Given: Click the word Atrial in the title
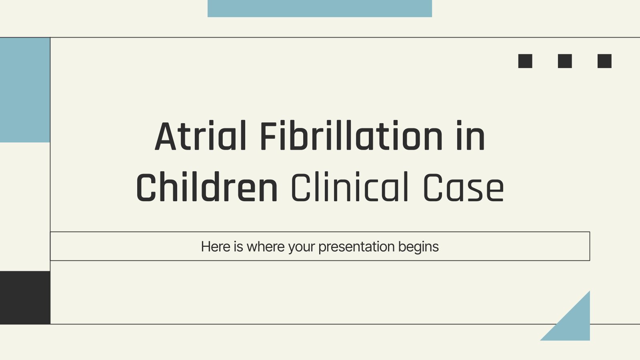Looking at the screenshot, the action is (x=200, y=136).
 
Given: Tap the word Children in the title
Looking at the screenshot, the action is (x=207, y=187).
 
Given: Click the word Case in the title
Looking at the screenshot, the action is (x=463, y=188).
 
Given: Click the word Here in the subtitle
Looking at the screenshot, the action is (x=216, y=246).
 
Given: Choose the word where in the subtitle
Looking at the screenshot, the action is (x=266, y=246).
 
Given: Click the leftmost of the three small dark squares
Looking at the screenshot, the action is (x=525, y=61).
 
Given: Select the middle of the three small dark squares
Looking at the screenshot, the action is (x=565, y=61).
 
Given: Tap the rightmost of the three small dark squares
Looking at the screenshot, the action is (x=604, y=61).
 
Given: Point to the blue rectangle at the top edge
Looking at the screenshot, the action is (x=320, y=8).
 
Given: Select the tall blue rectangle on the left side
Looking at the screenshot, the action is (x=25, y=90).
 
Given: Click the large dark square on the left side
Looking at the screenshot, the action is (x=25, y=298).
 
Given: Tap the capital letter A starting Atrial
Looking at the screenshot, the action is (x=165, y=136).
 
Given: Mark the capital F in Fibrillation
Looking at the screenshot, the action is (x=268, y=136).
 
